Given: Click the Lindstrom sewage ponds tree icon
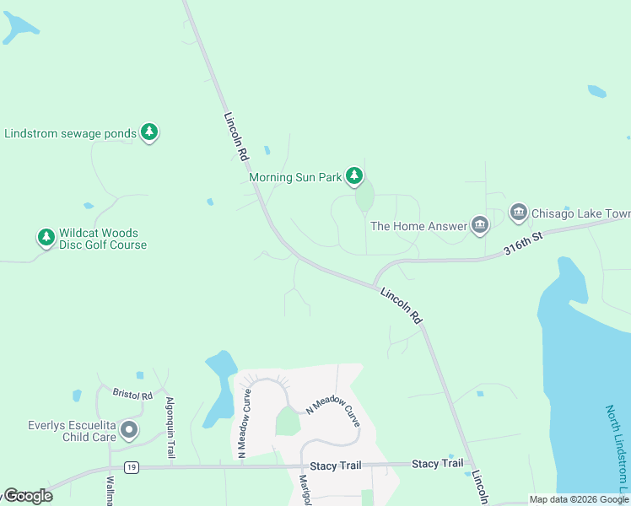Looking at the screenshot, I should (149, 132).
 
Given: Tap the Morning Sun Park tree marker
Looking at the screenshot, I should (355, 176).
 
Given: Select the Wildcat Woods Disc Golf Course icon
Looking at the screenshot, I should (46, 238).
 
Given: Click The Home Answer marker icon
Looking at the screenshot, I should (480, 224).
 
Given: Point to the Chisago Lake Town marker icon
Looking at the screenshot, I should (518, 213).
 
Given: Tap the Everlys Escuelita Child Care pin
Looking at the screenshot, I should (129, 431).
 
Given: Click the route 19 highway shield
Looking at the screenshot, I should (130, 466).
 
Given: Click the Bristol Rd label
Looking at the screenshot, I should (132, 394).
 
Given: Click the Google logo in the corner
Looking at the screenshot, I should (27, 496).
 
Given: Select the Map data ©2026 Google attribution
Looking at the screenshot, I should (580, 499).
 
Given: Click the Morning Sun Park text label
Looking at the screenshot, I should (295, 178).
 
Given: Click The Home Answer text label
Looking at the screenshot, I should (419, 226).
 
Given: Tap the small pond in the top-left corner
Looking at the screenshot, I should (19, 28).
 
